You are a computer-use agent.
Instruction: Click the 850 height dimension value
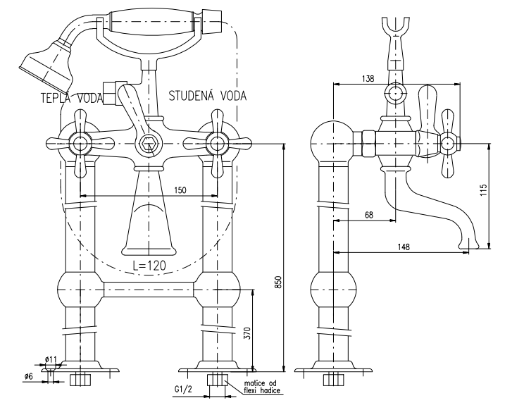[277, 281]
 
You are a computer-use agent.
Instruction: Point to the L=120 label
[149, 266]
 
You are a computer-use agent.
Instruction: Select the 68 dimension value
[369, 216]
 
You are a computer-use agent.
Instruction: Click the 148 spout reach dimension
[403, 247]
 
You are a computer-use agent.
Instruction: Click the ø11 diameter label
[51, 360]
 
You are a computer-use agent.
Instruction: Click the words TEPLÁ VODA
[70, 97]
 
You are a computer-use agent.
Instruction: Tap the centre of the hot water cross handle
[82, 145]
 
